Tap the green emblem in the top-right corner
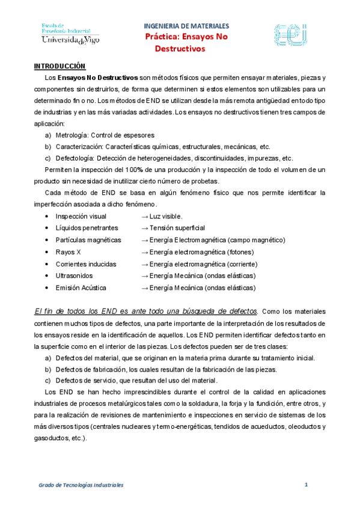(291, 35)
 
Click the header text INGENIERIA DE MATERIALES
(186, 26)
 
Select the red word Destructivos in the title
(180, 48)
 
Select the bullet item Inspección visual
(81, 216)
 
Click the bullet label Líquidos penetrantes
(87, 228)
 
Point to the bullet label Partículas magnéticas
(88, 240)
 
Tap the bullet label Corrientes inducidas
(86, 264)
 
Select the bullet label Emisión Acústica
(81, 287)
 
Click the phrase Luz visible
(166, 216)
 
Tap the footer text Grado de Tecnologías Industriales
(81, 484)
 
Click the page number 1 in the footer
(306, 484)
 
